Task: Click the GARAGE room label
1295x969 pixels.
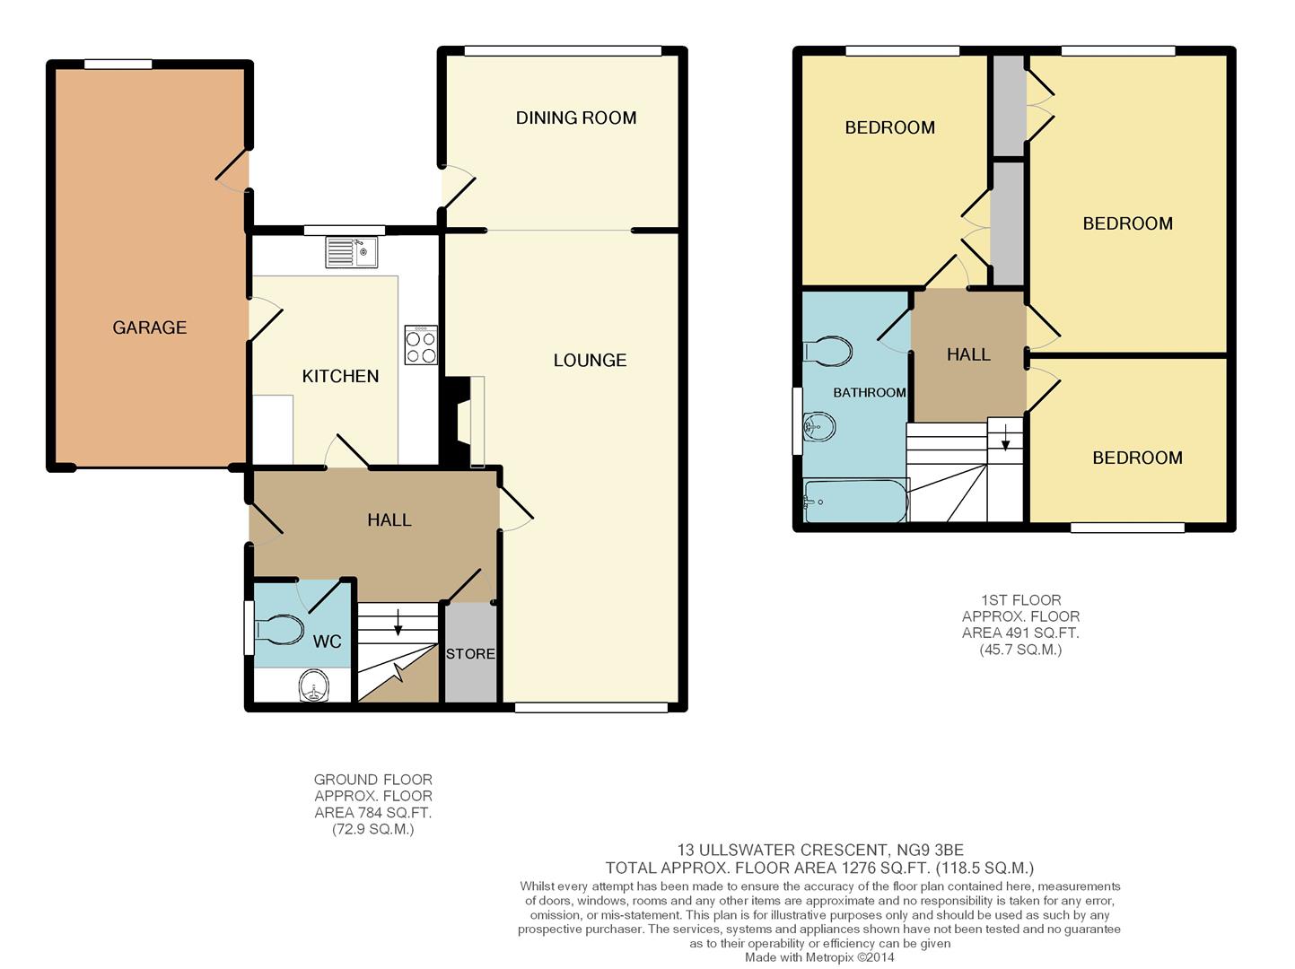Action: [x=149, y=327]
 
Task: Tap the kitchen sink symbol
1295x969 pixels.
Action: [x=351, y=252]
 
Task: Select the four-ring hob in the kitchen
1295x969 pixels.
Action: [x=421, y=345]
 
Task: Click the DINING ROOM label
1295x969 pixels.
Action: [x=576, y=118]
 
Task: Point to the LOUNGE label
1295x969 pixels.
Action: [x=590, y=361]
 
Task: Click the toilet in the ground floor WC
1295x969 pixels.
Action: [x=279, y=630]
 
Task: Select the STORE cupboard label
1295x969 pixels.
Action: [x=470, y=653]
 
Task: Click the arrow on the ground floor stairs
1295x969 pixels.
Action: [x=398, y=622]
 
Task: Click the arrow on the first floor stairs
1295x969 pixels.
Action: [x=1005, y=437]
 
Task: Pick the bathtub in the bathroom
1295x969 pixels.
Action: [x=856, y=501]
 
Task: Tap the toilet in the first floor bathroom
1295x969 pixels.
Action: [x=828, y=352]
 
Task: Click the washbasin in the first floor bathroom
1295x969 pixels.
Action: [x=819, y=426]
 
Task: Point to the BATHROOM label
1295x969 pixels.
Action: [x=869, y=393]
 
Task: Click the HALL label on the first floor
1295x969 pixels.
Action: [x=968, y=354]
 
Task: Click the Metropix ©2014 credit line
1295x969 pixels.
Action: [x=819, y=957]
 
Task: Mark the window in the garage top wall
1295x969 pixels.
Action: [x=118, y=65]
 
